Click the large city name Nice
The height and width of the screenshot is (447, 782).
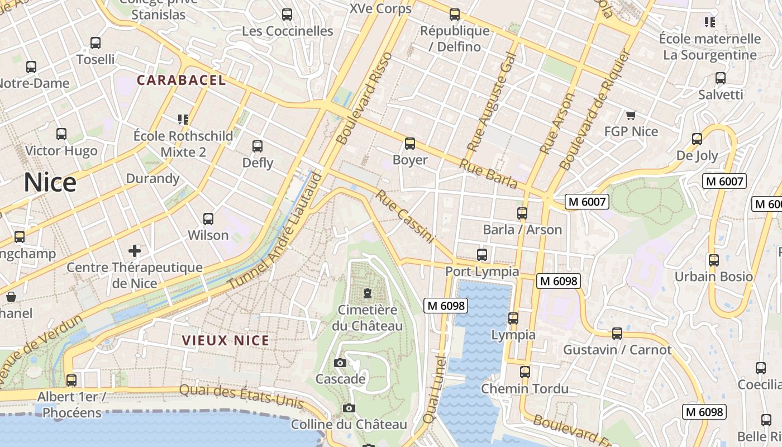point(50,183)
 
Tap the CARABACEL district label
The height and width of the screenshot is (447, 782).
point(182,80)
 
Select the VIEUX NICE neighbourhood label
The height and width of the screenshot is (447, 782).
point(226,340)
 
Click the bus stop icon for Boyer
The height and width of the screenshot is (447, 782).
point(410,144)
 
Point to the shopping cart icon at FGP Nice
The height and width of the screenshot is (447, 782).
point(631,116)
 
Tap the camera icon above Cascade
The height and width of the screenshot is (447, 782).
point(340,363)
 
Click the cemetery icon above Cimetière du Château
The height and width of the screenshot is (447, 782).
point(368,293)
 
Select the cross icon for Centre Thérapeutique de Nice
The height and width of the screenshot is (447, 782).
point(135,250)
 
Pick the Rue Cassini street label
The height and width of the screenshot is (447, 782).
point(404,217)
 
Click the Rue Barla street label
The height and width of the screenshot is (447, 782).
point(488,174)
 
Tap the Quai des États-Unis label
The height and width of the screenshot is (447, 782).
point(241,396)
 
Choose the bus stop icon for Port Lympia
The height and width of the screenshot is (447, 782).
point(482,255)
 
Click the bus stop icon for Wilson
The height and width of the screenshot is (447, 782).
point(208,219)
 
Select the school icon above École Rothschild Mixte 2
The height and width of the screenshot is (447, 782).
point(183,119)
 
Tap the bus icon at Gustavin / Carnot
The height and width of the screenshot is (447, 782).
point(617,334)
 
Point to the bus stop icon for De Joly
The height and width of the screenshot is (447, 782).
point(697,139)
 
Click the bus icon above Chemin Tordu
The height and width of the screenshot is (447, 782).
point(524,372)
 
